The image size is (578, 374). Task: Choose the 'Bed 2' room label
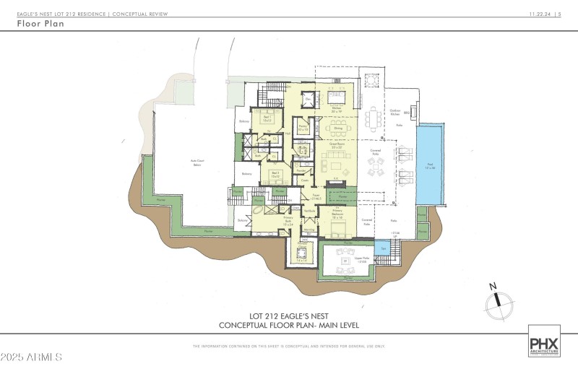pos(275,174)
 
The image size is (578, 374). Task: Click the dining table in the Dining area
pos(337,130)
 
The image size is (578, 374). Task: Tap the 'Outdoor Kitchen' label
pos(395,113)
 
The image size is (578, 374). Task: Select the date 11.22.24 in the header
pos(537,14)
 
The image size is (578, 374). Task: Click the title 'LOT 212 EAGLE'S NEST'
pos(289,316)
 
